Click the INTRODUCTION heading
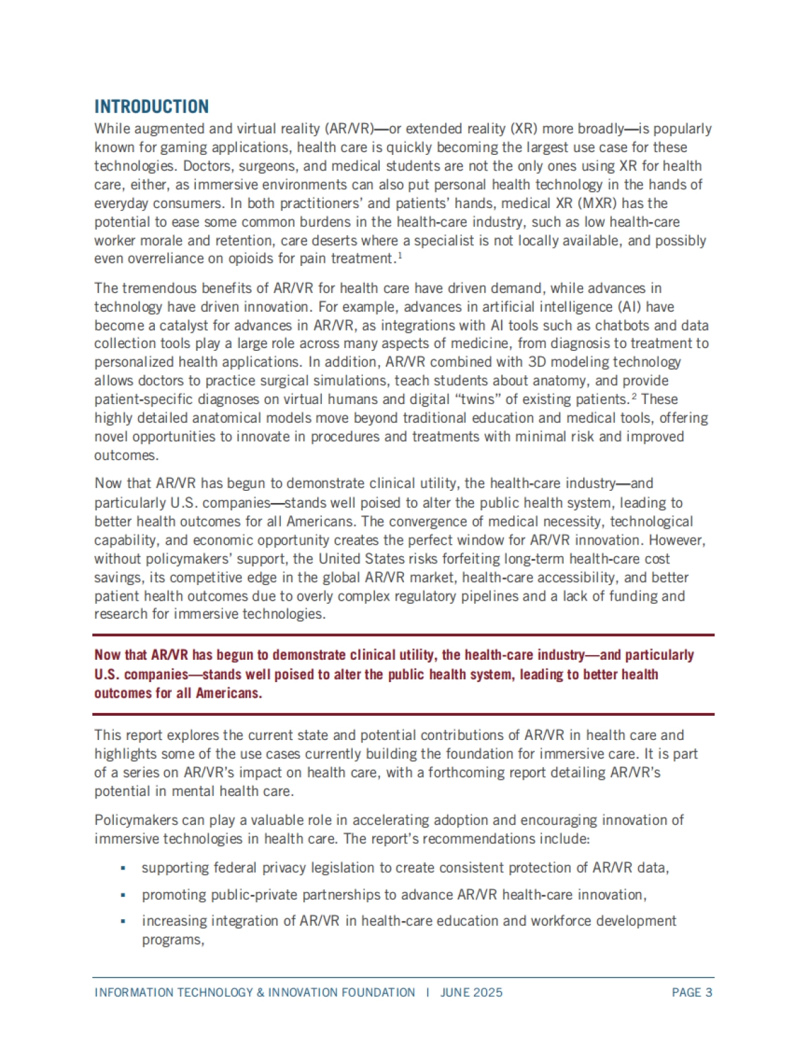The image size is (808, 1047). [x=151, y=106]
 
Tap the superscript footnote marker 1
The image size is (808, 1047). [x=399, y=255]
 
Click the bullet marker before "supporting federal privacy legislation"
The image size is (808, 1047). [x=123, y=869]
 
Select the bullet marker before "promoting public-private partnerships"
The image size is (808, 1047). [x=123, y=896]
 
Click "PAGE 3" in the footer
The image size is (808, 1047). [x=692, y=992]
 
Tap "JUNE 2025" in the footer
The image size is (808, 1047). [x=471, y=992]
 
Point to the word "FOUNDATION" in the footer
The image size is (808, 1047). [x=376, y=992]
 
